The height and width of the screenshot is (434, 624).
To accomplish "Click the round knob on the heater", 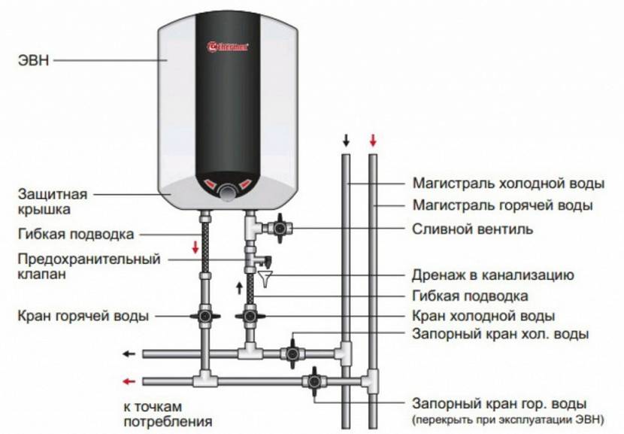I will pos(226,193).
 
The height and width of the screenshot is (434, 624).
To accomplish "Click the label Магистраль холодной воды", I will pos(508,184).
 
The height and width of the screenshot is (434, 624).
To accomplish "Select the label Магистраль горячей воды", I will pos(502,205).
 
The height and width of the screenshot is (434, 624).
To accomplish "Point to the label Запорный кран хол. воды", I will pos(500,333).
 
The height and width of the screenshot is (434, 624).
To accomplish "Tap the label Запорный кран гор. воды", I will pos(499,403).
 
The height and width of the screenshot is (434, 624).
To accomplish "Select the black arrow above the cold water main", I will pos(347,140).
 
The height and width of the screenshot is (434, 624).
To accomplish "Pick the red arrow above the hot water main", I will pos(372,140).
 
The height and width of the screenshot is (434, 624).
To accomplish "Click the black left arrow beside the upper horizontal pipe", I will pos(129,354).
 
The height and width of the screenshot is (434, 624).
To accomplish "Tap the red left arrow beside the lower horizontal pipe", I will pos(129,380).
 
